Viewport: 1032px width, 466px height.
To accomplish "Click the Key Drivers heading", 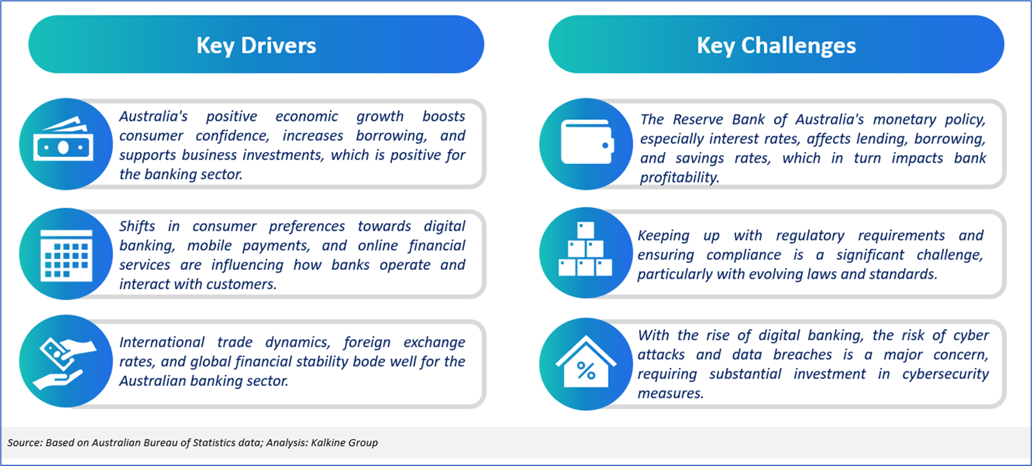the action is [x=256, y=46].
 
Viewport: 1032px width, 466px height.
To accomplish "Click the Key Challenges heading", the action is [x=777, y=46].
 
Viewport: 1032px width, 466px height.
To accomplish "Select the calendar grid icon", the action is [x=66, y=255].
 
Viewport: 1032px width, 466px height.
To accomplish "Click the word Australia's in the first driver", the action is [x=153, y=117].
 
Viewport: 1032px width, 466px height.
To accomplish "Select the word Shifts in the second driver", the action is [x=137, y=226].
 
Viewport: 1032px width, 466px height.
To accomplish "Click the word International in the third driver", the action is [x=162, y=342].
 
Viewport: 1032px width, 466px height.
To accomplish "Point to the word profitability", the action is [x=680, y=178].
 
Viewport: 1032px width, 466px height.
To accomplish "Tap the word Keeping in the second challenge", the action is [x=664, y=236].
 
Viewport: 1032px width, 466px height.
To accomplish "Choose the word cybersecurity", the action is [x=945, y=374].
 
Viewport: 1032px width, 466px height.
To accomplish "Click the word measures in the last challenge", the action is [x=670, y=394].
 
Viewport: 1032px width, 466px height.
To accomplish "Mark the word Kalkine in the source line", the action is [x=327, y=442].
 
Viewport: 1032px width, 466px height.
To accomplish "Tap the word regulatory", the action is [x=810, y=236].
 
